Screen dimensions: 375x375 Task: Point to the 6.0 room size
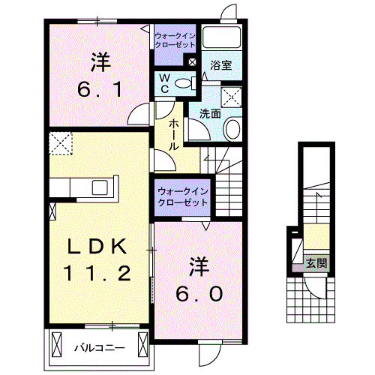[x=198, y=293]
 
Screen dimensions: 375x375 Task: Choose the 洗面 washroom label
[x=211, y=114]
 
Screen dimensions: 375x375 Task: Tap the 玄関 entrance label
[x=316, y=263]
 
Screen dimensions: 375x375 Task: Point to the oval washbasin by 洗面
[x=232, y=129]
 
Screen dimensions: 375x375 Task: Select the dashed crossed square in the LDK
[x=61, y=142]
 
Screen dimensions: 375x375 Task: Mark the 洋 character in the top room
[x=98, y=59]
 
